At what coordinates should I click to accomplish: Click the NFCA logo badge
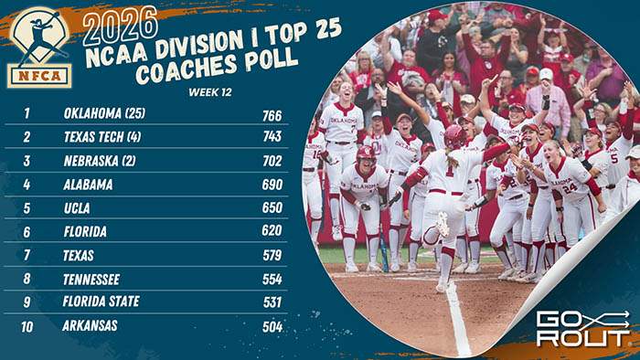tap(39, 47)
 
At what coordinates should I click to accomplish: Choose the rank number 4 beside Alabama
tap(27, 185)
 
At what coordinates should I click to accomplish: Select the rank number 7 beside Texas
tap(27, 255)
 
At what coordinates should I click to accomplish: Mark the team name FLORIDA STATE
tap(103, 302)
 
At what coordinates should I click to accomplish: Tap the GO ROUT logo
tap(581, 328)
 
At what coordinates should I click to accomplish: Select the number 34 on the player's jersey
tap(569, 188)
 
